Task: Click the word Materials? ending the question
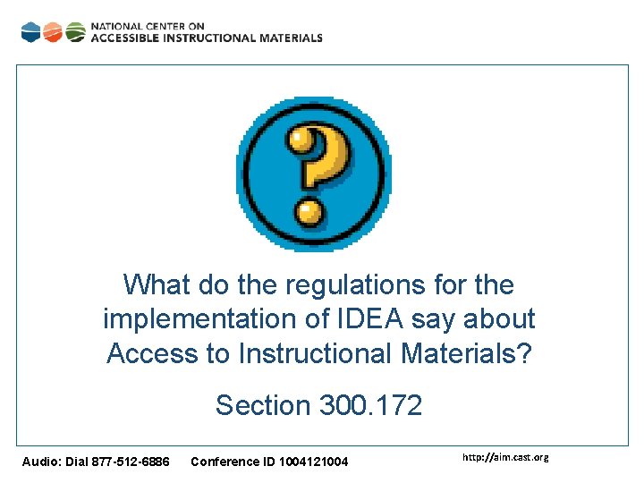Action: [466, 353]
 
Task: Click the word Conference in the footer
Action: [223, 462]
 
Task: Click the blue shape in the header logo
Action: [30, 32]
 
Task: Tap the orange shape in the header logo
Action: [53, 32]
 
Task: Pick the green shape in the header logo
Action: [76, 32]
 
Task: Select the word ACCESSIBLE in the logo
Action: [124, 38]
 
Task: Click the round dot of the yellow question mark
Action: [309, 212]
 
